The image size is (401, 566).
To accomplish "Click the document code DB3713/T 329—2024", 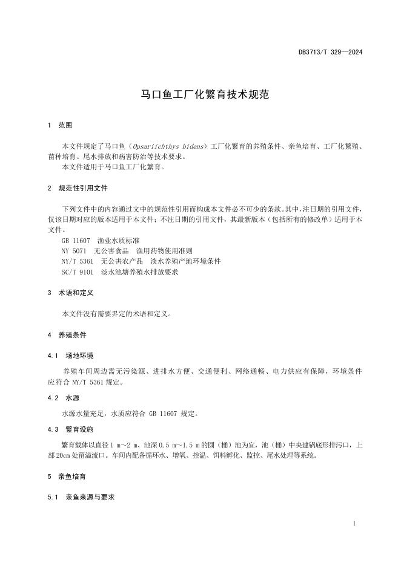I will pyautogui.click(x=330, y=52).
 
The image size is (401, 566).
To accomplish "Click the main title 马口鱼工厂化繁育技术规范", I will pyautogui.click(x=200, y=95).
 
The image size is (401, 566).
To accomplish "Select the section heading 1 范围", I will pyautogui.click(x=60, y=126).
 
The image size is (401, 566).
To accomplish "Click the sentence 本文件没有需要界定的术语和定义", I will pyautogui.click(x=116, y=314).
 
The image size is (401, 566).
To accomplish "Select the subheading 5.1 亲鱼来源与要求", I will pyautogui.click(x=81, y=497).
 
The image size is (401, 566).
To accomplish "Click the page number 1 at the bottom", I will pyautogui.click(x=353, y=524).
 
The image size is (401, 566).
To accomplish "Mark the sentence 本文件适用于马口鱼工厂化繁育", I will pyautogui.click(x=113, y=167).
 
